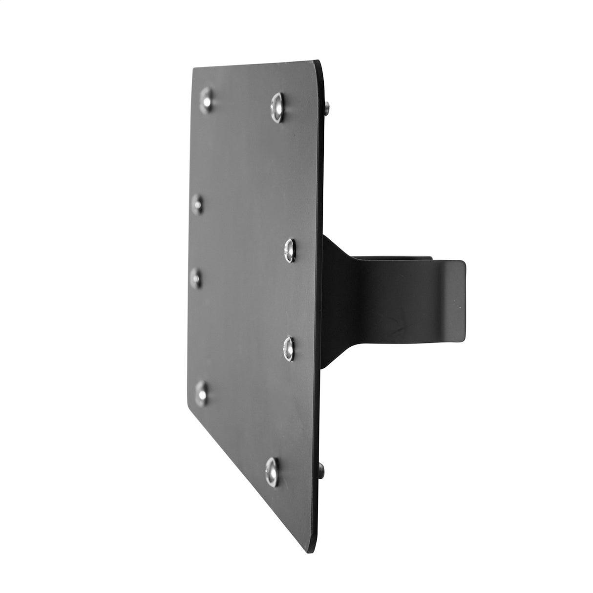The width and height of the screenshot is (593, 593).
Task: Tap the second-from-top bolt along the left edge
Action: (197, 204)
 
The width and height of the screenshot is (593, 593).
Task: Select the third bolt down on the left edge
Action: (196, 276)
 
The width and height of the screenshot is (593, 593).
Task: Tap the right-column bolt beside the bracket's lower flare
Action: (290, 346)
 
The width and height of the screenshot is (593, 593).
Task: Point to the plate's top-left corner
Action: (193, 69)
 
